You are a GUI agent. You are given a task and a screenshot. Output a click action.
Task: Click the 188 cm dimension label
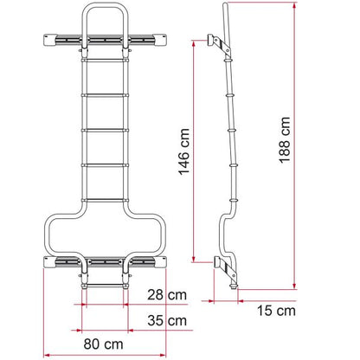(285, 140)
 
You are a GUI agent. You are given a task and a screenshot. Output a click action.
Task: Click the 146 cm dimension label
(184, 152)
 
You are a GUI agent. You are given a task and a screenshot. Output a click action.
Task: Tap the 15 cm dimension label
(276, 311)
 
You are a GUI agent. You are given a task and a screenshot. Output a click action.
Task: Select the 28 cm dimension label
(167, 295)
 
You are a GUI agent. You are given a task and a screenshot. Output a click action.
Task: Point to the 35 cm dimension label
(167, 320)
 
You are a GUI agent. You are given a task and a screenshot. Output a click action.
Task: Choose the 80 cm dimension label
(103, 344)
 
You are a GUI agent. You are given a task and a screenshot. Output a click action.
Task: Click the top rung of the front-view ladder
(105, 60)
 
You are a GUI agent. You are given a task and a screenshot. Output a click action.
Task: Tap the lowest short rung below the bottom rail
(105, 286)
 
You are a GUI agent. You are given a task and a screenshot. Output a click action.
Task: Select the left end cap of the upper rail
(50, 40)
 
